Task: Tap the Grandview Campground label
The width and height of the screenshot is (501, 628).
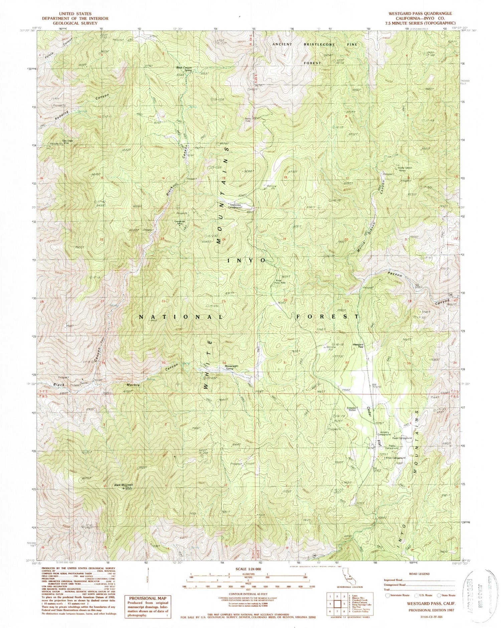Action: [x=235, y=206]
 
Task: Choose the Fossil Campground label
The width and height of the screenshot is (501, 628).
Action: [x=402, y=438]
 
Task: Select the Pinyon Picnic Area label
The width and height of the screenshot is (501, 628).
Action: [x=279, y=281]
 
